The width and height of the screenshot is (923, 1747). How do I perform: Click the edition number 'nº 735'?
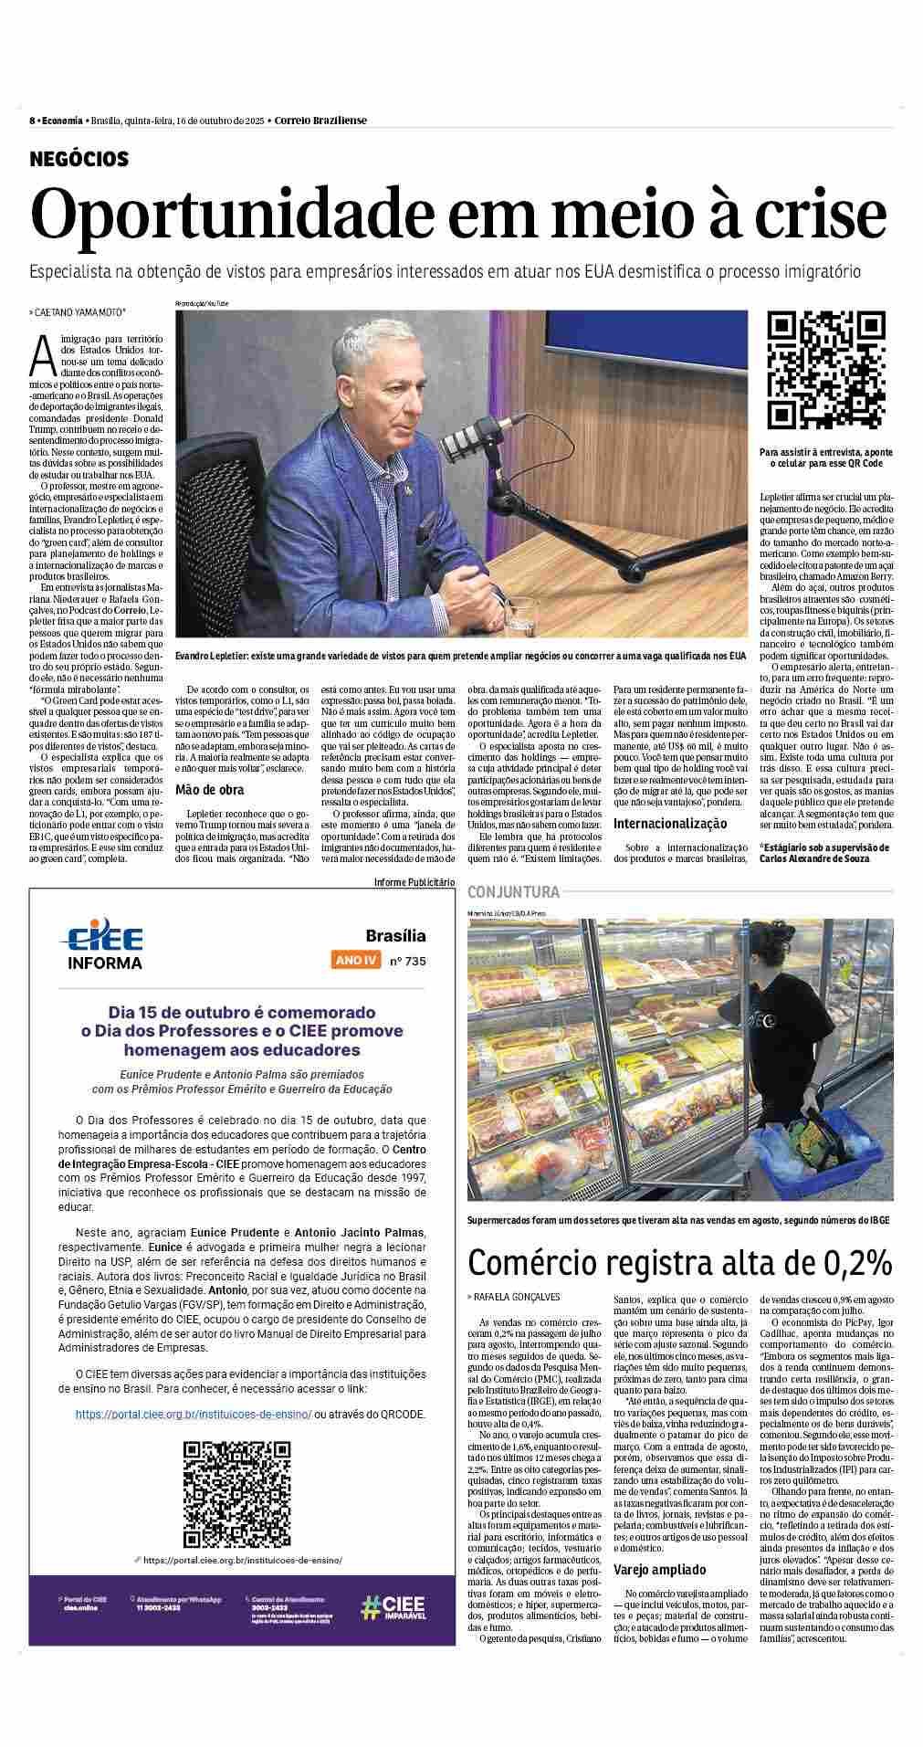click(x=407, y=960)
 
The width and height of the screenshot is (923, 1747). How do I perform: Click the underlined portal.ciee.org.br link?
click(x=193, y=1414)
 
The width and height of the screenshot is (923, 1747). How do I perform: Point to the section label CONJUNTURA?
click(x=513, y=891)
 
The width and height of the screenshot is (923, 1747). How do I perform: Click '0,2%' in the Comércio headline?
click(x=848, y=1262)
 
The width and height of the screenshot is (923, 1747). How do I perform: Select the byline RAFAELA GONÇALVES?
click(x=517, y=1296)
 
